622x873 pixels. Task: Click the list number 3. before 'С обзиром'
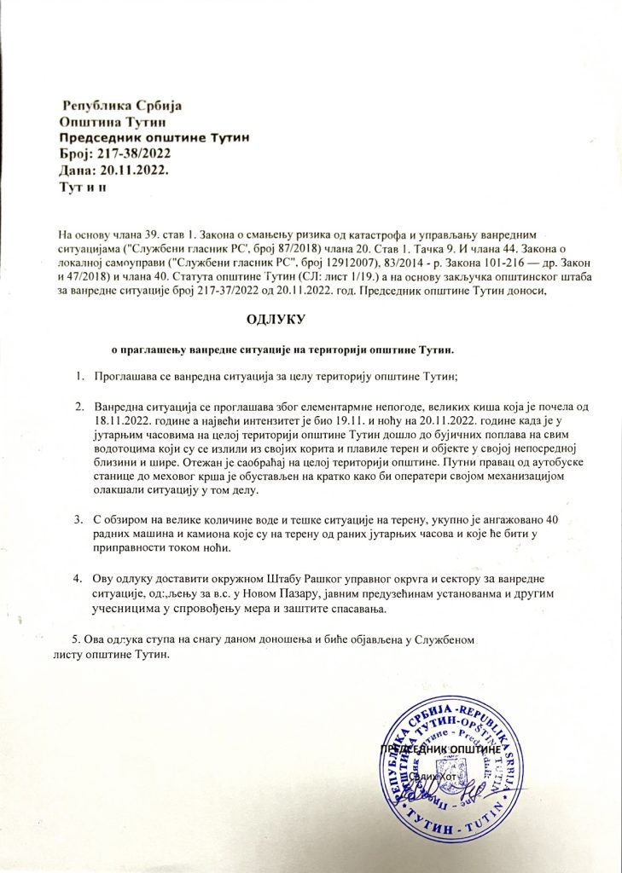coord(78,519)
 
